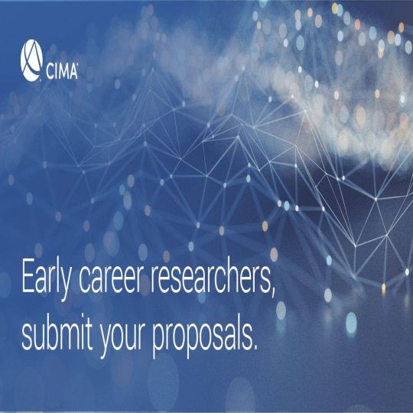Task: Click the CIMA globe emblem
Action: coord(31,60)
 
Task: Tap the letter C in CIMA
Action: coord(50,71)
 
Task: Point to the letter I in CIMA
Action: coord(55,71)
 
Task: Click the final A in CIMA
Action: coord(73,71)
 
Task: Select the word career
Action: coord(112,279)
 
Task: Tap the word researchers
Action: coord(211,277)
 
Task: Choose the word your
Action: coord(122,337)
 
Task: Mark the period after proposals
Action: coord(254,348)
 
